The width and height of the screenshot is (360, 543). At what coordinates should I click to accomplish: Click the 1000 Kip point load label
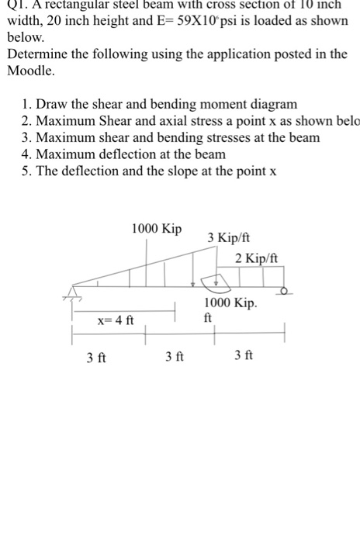click(157, 229)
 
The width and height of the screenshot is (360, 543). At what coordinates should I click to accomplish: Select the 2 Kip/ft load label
click(257, 258)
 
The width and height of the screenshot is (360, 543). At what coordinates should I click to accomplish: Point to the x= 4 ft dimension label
click(116, 320)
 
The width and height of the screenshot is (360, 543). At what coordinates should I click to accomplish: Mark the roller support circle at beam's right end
click(285, 292)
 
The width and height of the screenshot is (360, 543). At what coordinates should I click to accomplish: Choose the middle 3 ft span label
click(175, 357)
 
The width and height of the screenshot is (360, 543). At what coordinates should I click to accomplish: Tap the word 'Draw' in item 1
click(57, 103)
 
